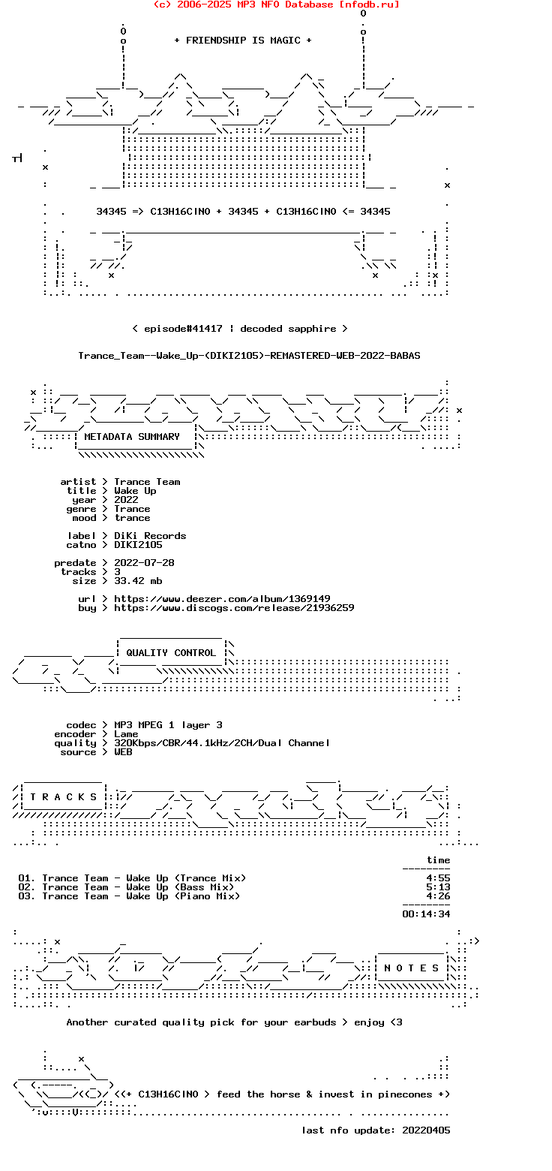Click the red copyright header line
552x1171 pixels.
pos(276,5)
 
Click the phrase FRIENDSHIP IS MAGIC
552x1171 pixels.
pos(243,41)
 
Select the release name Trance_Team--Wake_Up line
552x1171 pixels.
pos(249,356)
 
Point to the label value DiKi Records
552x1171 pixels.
pos(150,536)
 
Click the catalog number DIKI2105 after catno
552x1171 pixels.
pos(138,545)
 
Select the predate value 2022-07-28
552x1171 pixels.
pos(144,563)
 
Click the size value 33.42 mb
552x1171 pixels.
pos(138,581)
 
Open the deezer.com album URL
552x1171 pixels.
pos(222,599)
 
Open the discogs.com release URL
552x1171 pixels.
pos(234,608)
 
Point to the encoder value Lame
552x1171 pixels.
pos(126,734)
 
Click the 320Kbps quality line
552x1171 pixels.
pos(222,743)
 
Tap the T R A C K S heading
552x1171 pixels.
pos(63,797)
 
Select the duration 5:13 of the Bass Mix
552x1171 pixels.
pos(438,887)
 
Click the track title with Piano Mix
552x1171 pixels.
pos(141,896)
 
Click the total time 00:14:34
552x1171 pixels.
pos(426,914)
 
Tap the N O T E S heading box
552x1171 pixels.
pos(411,968)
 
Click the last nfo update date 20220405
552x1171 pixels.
pos(426,1130)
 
